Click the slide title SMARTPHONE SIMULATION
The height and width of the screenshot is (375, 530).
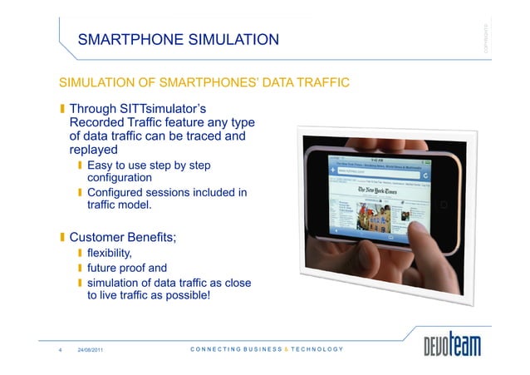pos(178,39)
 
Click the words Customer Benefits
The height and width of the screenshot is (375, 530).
pos(122,238)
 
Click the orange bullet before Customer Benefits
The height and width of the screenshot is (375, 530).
pos(62,238)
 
